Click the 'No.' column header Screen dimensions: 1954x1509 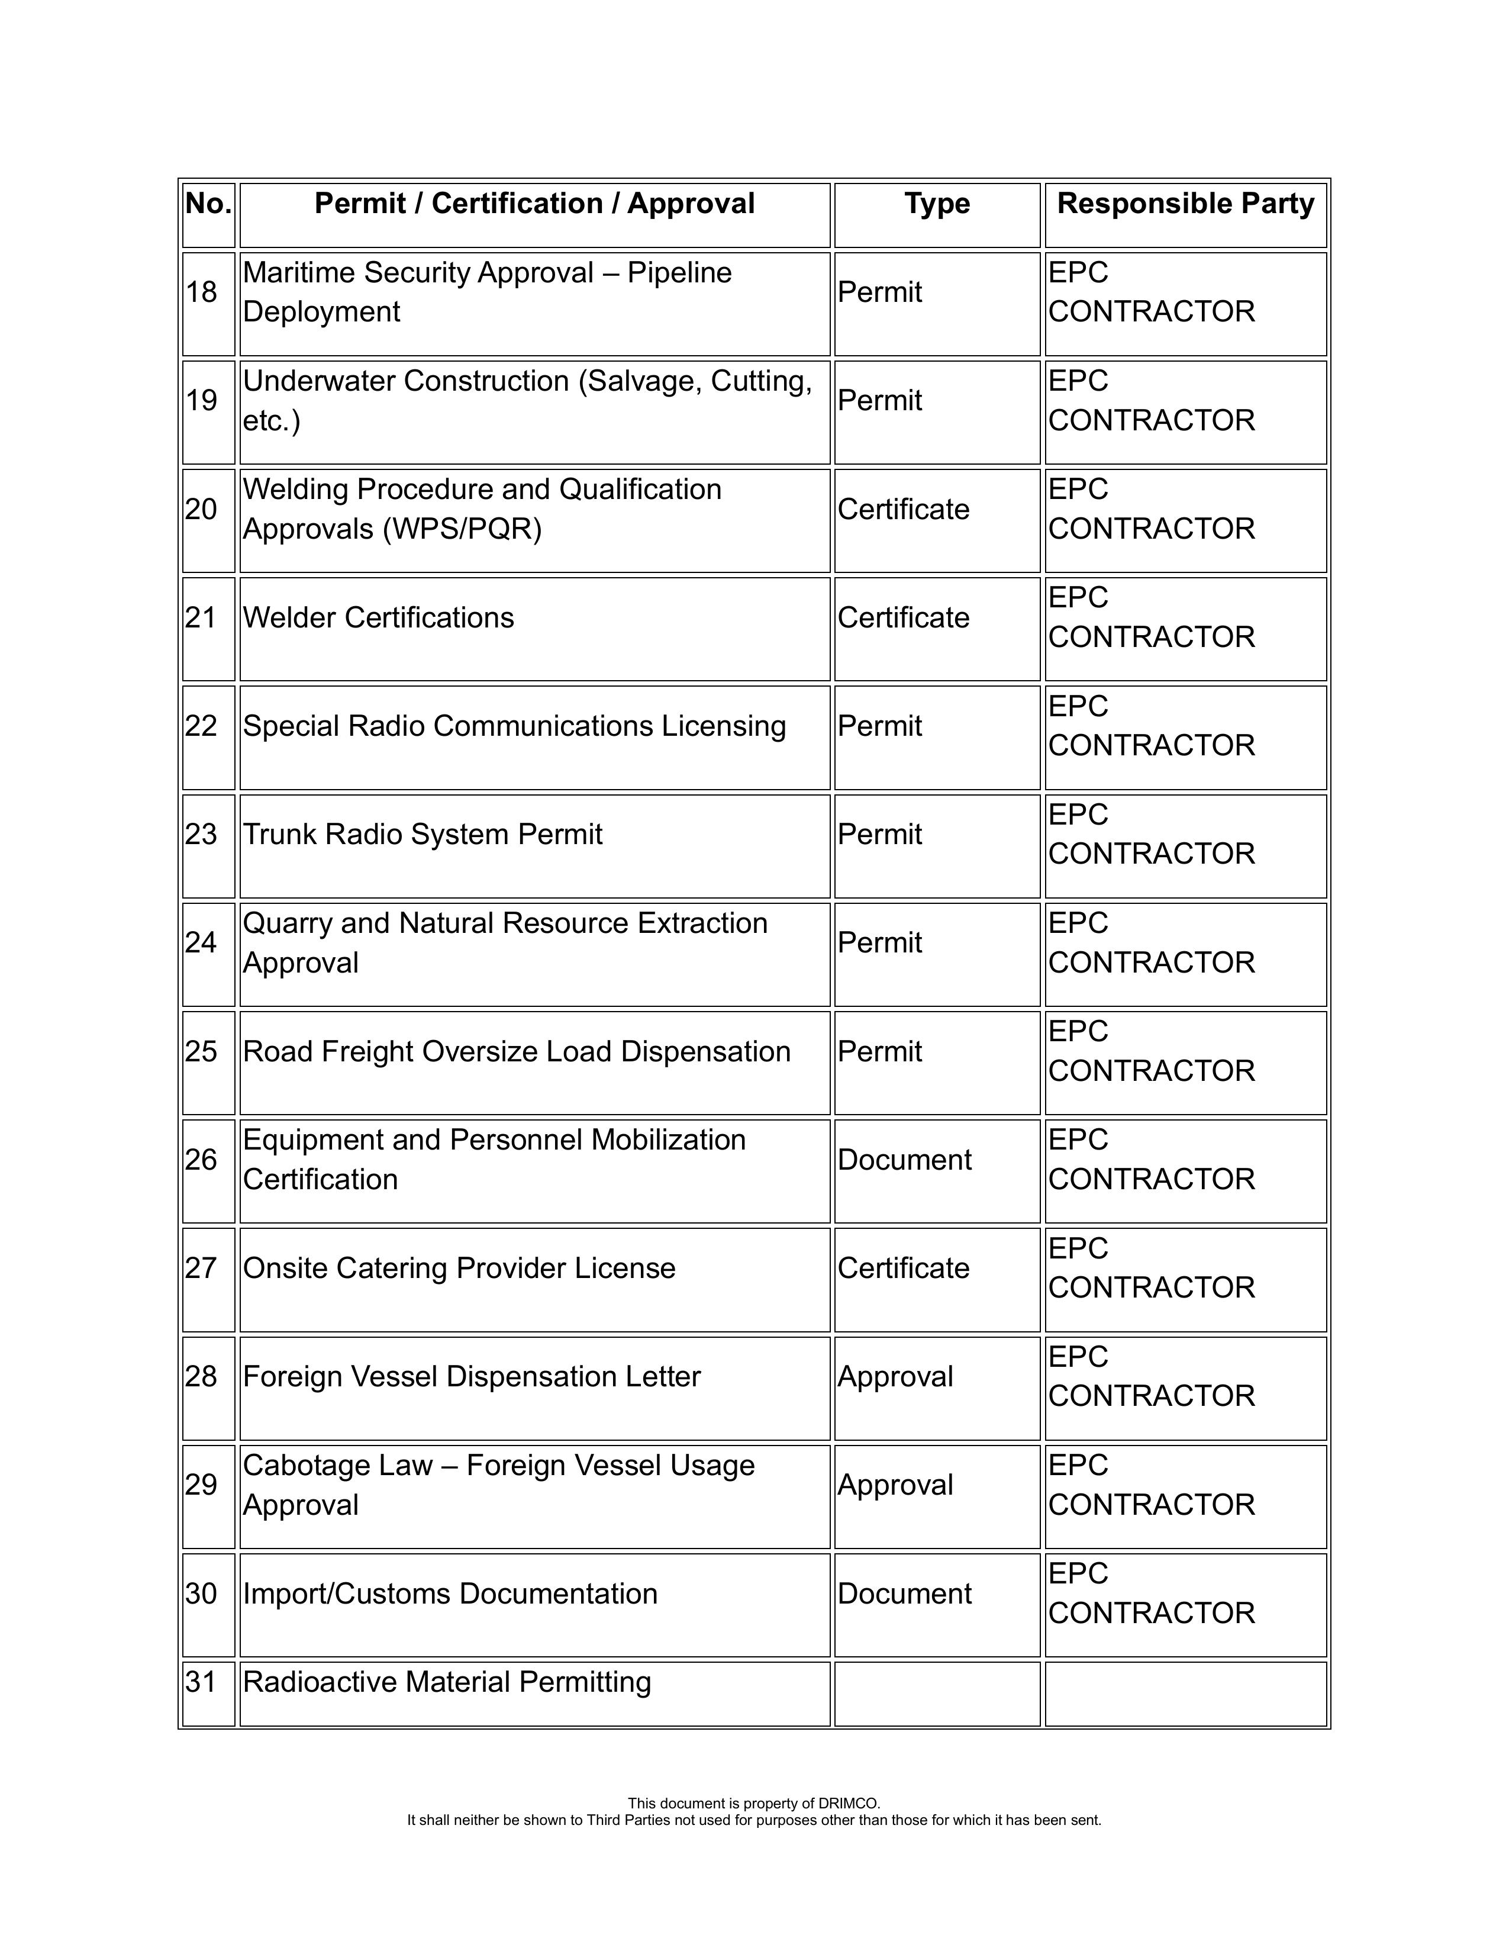coord(208,204)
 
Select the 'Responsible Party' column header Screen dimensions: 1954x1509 coord(1185,204)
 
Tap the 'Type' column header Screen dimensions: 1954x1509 coord(937,204)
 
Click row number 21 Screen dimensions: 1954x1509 coord(201,617)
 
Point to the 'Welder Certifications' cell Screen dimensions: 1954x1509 coord(378,617)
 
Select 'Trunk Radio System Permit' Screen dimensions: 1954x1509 coord(422,834)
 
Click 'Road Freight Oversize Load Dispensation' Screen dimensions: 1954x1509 coord(516,1051)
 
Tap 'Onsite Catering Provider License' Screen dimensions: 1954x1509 coord(459,1268)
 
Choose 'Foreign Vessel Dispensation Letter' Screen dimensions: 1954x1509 coord(472,1376)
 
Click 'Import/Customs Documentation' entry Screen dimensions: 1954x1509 coord(450,1594)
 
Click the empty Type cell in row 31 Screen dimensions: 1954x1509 coord(937,1693)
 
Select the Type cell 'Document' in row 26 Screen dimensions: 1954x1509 coord(904,1160)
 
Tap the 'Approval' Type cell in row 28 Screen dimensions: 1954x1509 coord(895,1376)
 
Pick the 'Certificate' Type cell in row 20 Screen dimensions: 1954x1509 coord(904,509)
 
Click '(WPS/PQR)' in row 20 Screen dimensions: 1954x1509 coord(462,529)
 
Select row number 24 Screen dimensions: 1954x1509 coord(201,942)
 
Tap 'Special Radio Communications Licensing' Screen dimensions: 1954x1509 coord(514,726)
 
